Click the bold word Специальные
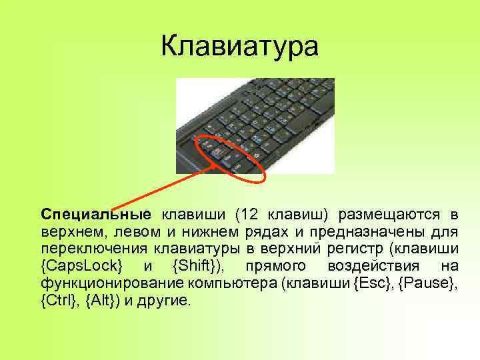click(x=96, y=215)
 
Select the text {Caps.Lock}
click(x=82, y=267)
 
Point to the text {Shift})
click(x=199, y=267)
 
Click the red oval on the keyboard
click(x=231, y=157)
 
